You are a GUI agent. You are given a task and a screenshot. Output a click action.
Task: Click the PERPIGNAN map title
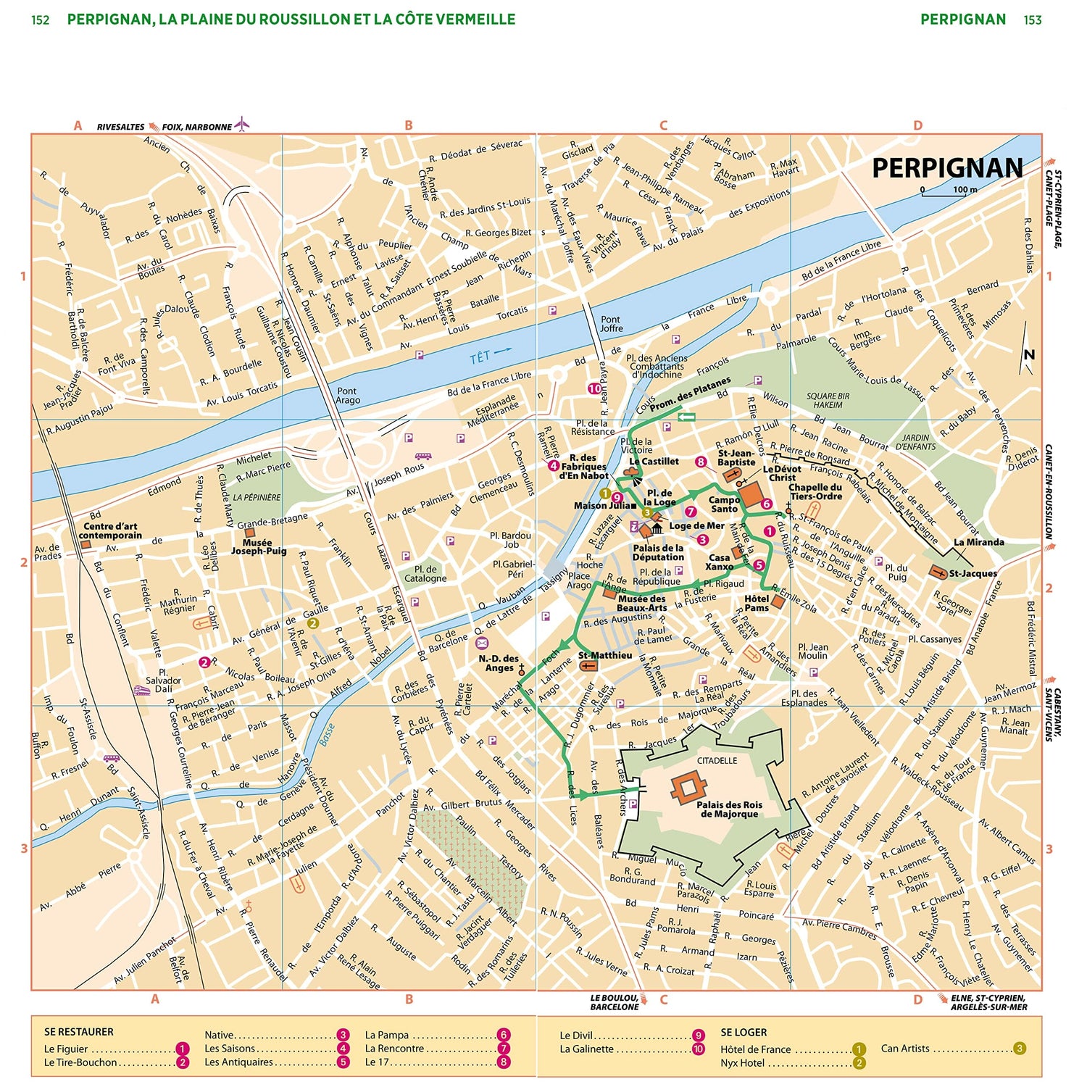pyautogui.click(x=946, y=168)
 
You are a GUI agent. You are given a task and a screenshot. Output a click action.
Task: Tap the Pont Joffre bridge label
pyautogui.click(x=611, y=324)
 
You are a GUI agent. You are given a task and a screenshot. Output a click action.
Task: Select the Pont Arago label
pyautogui.click(x=348, y=396)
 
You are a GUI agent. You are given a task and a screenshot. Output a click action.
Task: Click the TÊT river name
pyautogui.click(x=480, y=357)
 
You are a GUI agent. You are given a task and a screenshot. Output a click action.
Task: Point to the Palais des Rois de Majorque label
pyautogui.click(x=729, y=809)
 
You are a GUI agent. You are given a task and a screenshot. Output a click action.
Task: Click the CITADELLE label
pyautogui.click(x=717, y=760)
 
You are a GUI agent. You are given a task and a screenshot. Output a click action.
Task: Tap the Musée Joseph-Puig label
pyautogui.click(x=259, y=547)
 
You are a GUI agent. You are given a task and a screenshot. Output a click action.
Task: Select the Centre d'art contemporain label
pyautogui.click(x=110, y=531)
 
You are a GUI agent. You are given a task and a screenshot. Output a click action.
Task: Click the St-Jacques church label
pyautogui.click(x=973, y=573)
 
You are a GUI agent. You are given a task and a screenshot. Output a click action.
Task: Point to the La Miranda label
pyautogui.click(x=978, y=542)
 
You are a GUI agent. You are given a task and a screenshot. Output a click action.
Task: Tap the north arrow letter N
pyautogui.click(x=1029, y=354)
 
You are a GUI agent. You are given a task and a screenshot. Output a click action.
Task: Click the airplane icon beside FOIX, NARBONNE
pyautogui.click(x=242, y=125)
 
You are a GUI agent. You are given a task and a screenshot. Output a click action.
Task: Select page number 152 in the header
pyautogui.click(x=41, y=20)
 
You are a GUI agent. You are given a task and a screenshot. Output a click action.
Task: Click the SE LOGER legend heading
pyautogui.click(x=744, y=1032)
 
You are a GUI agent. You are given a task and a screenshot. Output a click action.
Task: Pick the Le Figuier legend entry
pyautogui.click(x=66, y=1049)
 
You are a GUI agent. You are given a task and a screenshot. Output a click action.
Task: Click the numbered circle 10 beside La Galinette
pyautogui.click(x=699, y=1049)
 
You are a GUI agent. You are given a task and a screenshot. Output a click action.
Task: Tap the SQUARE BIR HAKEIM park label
pyautogui.click(x=828, y=401)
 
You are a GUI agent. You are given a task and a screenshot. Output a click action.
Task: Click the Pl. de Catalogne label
pyautogui.click(x=425, y=574)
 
